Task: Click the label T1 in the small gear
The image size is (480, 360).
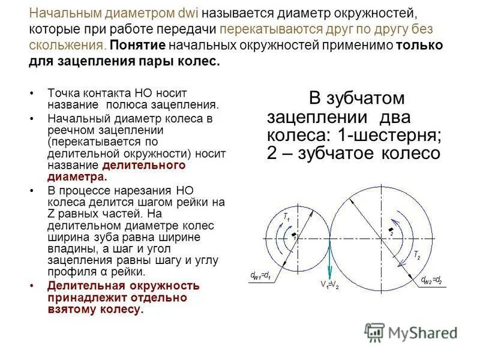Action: click(x=287, y=217)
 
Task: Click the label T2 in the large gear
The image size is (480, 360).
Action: click(x=416, y=256)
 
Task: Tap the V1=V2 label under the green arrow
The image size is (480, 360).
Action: click(x=329, y=284)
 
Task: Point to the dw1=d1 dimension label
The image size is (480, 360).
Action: click(x=262, y=277)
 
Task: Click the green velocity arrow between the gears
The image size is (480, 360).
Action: click(x=330, y=258)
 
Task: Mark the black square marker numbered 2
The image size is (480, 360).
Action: click(x=391, y=230)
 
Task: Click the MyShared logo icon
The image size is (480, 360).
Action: click(x=374, y=332)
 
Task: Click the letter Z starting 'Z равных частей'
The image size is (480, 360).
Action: click(x=50, y=213)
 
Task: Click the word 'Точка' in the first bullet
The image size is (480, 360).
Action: click(x=63, y=93)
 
